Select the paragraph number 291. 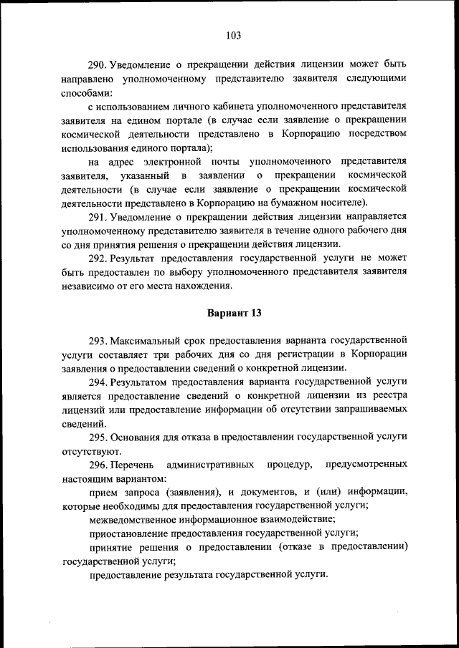[x=98, y=216]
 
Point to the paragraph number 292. [x=98, y=257]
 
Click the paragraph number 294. [x=98, y=382]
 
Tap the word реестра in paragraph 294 [x=386, y=396]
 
